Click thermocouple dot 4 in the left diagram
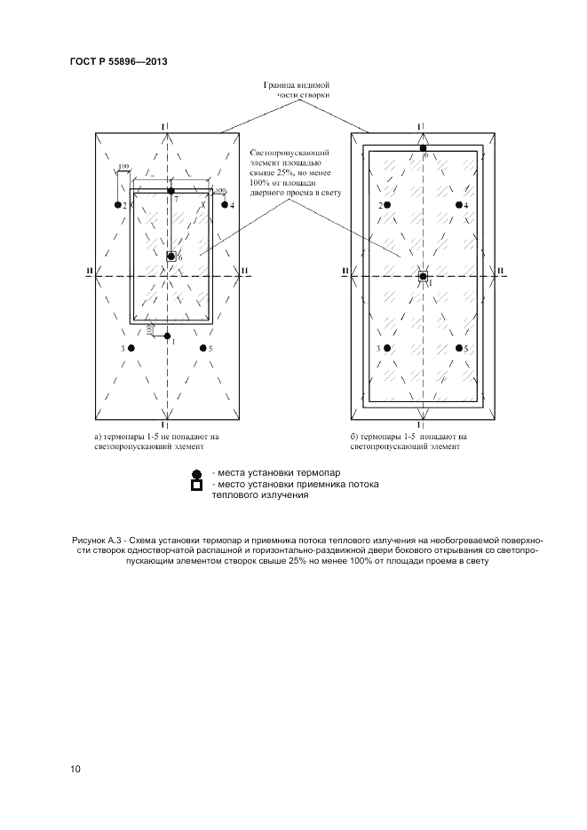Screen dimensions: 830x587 pyautogui.click(x=224, y=205)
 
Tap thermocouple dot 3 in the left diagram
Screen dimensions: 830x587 pyautogui.click(x=131, y=349)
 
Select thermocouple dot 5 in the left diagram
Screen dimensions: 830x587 pyautogui.click(x=203, y=349)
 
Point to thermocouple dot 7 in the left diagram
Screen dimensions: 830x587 pyautogui.click(x=171, y=192)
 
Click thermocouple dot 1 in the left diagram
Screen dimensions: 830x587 pyautogui.click(x=167, y=336)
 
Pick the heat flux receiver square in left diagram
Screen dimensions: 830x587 pyautogui.click(x=171, y=257)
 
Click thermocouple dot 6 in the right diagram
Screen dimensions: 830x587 pyautogui.click(x=424, y=148)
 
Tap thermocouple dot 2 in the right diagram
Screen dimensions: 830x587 pyautogui.click(x=388, y=205)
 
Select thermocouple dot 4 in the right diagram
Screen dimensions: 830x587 pyautogui.click(x=459, y=205)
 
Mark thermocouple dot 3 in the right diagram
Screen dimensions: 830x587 pyautogui.click(x=388, y=349)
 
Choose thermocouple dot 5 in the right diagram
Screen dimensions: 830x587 pyautogui.click(x=459, y=349)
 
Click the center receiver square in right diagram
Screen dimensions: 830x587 pyautogui.click(x=424, y=276)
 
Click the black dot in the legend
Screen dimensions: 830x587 pyautogui.click(x=197, y=474)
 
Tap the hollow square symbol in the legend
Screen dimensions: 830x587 pyautogui.click(x=197, y=486)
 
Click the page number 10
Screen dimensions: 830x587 pyautogui.click(x=75, y=769)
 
